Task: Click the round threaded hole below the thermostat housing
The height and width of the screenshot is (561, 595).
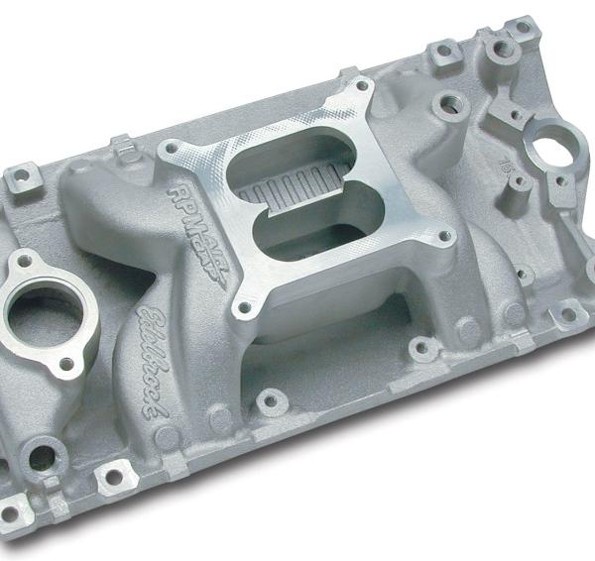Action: pos(41,458)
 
